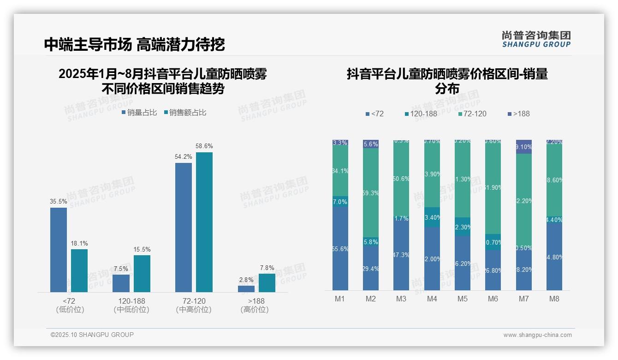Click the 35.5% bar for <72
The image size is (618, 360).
click(59, 250)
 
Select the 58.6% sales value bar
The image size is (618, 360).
click(204, 222)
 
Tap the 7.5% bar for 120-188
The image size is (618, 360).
click(121, 283)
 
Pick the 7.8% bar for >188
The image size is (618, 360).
click(267, 283)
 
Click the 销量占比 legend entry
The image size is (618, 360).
click(139, 112)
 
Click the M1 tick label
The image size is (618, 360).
click(340, 299)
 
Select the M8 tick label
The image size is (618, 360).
click(554, 299)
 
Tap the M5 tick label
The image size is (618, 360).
click(463, 299)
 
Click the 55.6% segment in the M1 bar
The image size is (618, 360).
click(340, 248)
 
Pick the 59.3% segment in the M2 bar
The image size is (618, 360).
click(371, 193)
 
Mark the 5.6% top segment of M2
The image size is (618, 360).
click(371, 144)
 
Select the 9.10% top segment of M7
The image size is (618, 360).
click(524, 147)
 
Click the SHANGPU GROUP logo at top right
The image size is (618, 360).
click(536, 39)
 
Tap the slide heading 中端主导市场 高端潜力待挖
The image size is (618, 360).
click(134, 44)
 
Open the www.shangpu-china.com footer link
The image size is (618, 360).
click(537, 335)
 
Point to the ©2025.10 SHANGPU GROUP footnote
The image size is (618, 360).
click(92, 335)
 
